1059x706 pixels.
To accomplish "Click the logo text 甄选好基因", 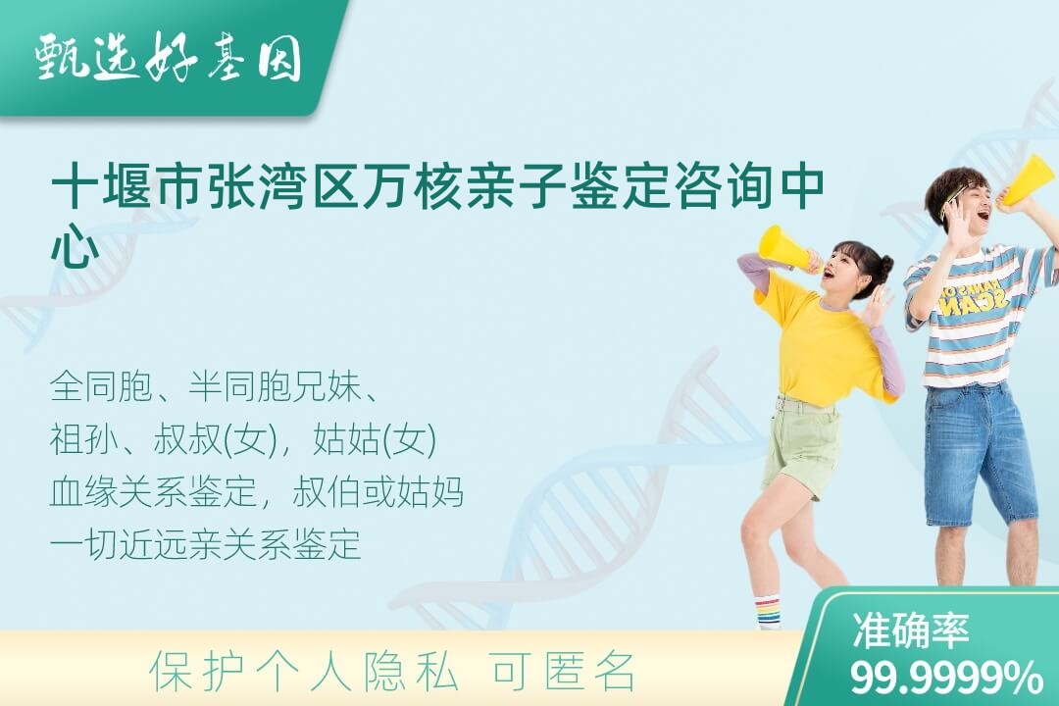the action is [169, 58].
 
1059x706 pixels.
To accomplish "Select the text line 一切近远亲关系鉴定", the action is [205, 543].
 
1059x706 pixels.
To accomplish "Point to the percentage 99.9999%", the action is [945, 677].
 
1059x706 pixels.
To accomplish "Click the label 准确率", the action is [910, 630].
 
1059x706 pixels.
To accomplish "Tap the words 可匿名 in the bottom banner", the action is [564, 672].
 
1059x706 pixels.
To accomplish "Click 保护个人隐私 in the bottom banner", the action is [304, 672].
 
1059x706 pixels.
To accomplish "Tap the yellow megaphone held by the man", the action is [1028, 180].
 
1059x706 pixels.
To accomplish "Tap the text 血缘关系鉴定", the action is [153, 491].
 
